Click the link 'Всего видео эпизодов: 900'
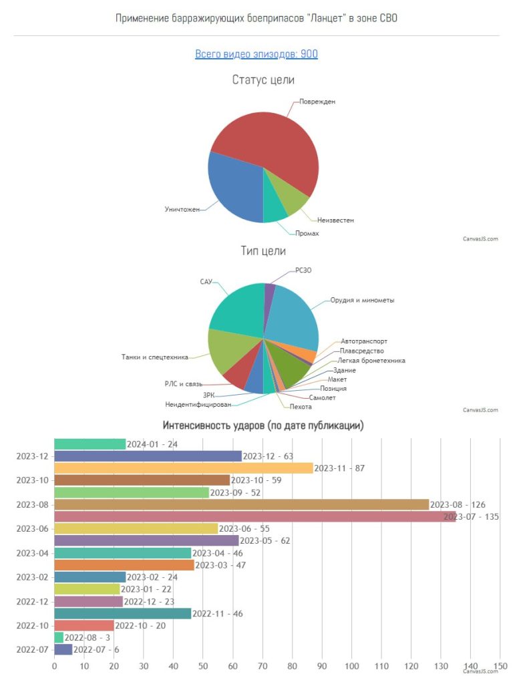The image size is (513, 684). tap(256, 54)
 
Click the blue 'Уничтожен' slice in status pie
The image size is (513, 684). tap(234, 190)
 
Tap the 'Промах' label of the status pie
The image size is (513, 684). tap(307, 233)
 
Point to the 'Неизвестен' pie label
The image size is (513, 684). tap(335, 220)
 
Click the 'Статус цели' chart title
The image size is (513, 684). tap(263, 80)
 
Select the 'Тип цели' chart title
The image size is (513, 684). tap(263, 251)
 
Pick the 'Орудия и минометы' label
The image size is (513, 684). tap(362, 300)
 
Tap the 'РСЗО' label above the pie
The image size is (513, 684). tap(303, 271)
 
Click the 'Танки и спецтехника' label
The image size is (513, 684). tap(155, 357)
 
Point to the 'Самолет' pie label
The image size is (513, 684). tap(322, 397)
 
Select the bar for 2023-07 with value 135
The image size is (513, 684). tap(254, 516)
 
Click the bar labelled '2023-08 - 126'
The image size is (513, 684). tap(240, 504)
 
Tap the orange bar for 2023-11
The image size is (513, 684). tap(183, 468)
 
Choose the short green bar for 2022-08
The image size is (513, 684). tap(59, 637)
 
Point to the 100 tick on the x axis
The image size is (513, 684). tap(351, 665)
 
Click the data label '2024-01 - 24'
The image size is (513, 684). tap(152, 444)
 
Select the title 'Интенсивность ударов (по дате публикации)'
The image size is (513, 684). tap(263, 425)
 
